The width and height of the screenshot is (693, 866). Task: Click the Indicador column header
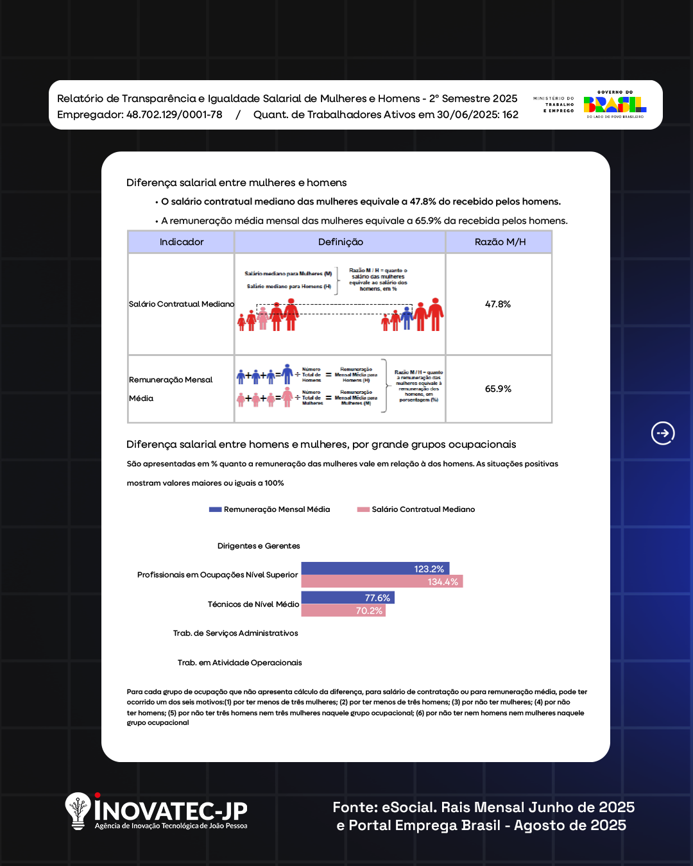(x=182, y=242)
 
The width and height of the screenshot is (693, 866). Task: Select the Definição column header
(x=340, y=242)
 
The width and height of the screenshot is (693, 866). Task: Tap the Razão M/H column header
(x=500, y=242)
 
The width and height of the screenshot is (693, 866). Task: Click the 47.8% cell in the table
(x=498, y=304)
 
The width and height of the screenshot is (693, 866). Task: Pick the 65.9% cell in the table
(x=498, y=389)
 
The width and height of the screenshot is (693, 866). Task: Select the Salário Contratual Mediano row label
(x=182, y=304)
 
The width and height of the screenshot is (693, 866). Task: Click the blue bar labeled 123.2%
(x=375, y=568)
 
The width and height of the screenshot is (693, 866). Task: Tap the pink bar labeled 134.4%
(x=382, y=581)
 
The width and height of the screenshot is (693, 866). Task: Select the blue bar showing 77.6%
(x=347, y=597)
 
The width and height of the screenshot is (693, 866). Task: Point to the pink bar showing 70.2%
(x=343, y=610)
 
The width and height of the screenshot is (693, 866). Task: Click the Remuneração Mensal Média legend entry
(x=270, y=509)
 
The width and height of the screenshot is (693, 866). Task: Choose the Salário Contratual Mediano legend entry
(x=416, y=509)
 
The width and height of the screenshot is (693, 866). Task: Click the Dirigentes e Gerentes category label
(x=259, y=546)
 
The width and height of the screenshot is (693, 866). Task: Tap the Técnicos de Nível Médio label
(x=253, y=604)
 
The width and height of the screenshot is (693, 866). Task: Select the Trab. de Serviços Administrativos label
(x=235, y=633)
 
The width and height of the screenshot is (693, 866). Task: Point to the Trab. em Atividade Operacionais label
(x=239, y=663)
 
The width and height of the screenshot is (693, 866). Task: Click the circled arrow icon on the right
(x=663, y=434)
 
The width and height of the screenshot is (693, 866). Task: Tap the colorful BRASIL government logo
(x=614, y=105)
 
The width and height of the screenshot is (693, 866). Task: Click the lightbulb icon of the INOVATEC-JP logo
(x=78, y=810)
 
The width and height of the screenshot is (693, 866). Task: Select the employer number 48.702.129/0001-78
(x=175, y=115)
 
